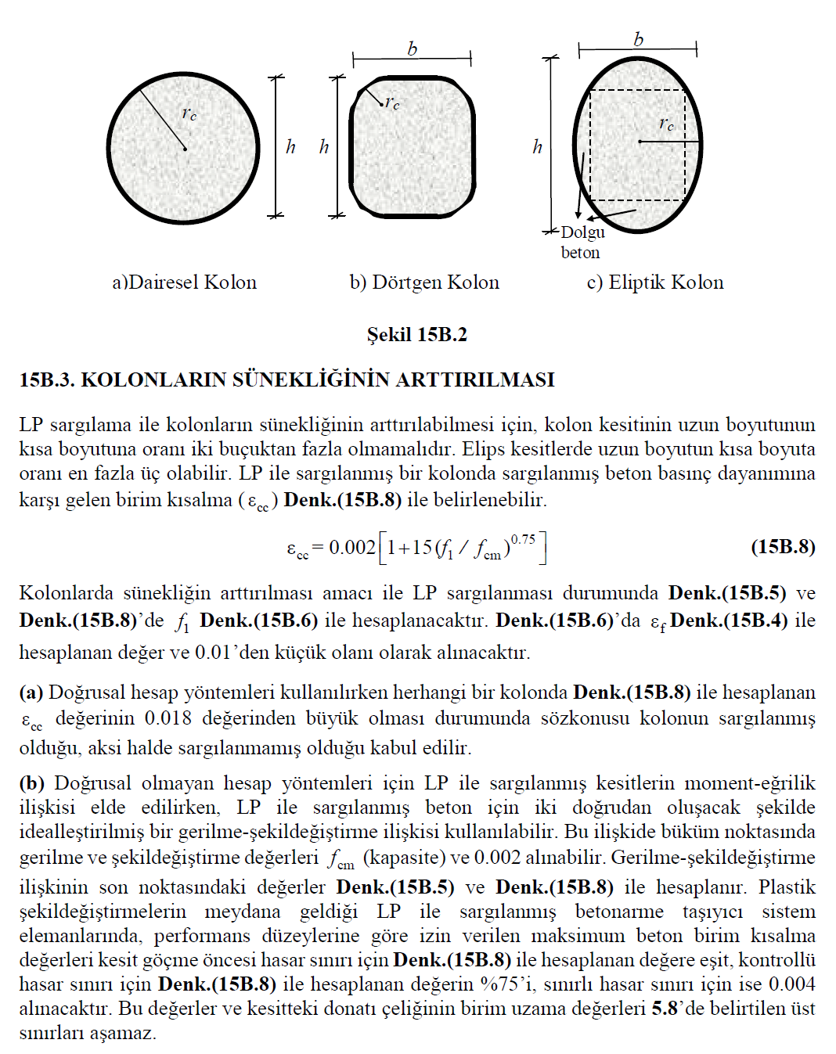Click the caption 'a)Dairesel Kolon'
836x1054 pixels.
point(184,282)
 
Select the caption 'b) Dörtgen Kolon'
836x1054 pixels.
point(424,282)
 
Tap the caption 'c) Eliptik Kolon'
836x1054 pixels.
point(655,282)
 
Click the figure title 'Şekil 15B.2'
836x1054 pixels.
point(417,335)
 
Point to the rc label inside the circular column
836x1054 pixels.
point(189,113)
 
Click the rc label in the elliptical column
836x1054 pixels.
point(666,123)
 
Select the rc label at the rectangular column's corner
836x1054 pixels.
point(393,103)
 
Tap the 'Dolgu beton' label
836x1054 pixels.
point(582,242)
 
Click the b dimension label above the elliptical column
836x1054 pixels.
point(638,39)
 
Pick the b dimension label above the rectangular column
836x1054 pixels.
point(412,49)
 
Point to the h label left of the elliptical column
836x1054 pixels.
point(537,146)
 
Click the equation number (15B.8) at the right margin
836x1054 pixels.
point(783,546)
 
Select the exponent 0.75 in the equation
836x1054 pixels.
point(523,539)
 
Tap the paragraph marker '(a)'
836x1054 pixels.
point(31,692)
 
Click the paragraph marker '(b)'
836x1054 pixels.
point(31,783)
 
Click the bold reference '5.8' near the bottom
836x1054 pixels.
point(664,1008)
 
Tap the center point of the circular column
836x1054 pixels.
point(186,149)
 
